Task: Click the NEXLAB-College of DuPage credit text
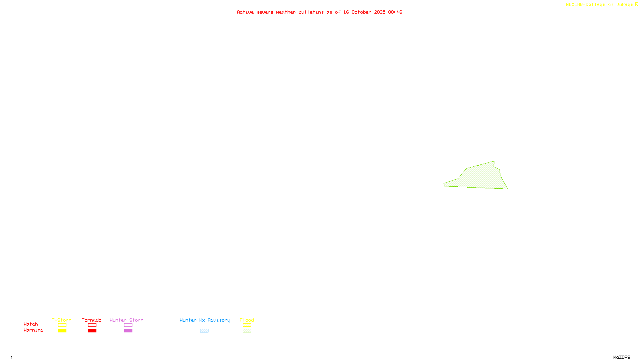[x=599, y=5]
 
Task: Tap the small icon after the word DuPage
[x=636, y=4]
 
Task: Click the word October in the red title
[x=361, y=12]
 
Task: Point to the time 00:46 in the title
[x=395, y=12]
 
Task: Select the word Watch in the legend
[x=31, y=324]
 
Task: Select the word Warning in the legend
[x=33, y=330]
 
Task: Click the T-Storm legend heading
[x=62, y=320]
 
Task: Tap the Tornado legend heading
[x=92, y=320]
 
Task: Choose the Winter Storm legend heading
[x=126, y=320]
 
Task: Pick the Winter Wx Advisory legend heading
[x=205, y=320]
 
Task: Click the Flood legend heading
[x=247, y=320]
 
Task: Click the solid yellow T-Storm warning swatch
[x=62, y=331]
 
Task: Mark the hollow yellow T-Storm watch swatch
[x=62, y=325]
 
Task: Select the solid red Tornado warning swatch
[x=92, y=331]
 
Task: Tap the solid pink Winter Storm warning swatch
[x=128, y=331]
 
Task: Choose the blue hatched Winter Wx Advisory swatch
[x=204, y=331]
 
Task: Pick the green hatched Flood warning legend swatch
[x=247, y=331]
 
